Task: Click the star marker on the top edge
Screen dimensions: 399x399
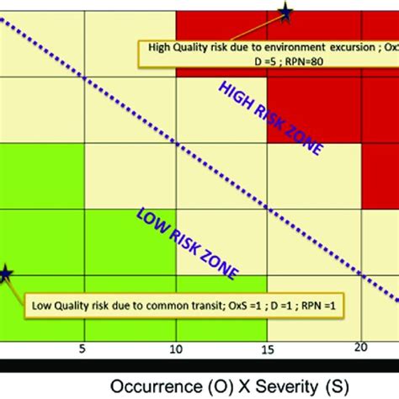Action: [x=285, y=12]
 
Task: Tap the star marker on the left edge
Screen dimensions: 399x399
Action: [x=5, y=274]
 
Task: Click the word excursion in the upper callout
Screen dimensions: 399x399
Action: [x=338, y=47]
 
